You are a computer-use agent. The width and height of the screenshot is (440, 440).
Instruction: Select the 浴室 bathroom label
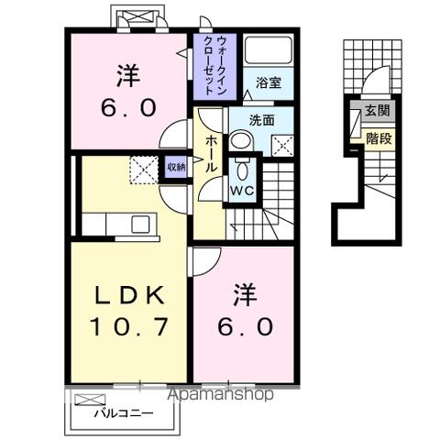click(x=269, y=83)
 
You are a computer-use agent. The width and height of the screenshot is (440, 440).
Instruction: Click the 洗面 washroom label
click(x=265, y=119)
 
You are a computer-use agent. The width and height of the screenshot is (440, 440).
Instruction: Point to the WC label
click(x=242, y=192)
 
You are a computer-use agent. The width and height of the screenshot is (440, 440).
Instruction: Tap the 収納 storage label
click(x=175, y=167)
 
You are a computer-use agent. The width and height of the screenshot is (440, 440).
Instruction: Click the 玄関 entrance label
click(x=376, y=111)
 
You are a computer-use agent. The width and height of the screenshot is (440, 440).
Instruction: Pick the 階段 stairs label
click(x=376, y=138)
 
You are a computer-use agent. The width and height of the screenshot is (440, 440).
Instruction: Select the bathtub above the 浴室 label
click(x=269, y=52)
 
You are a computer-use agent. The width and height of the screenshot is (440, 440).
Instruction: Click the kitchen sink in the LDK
click(x=143, y=224)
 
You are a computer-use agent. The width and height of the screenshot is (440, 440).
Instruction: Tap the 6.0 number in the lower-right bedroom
click(x=244, y=325)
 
